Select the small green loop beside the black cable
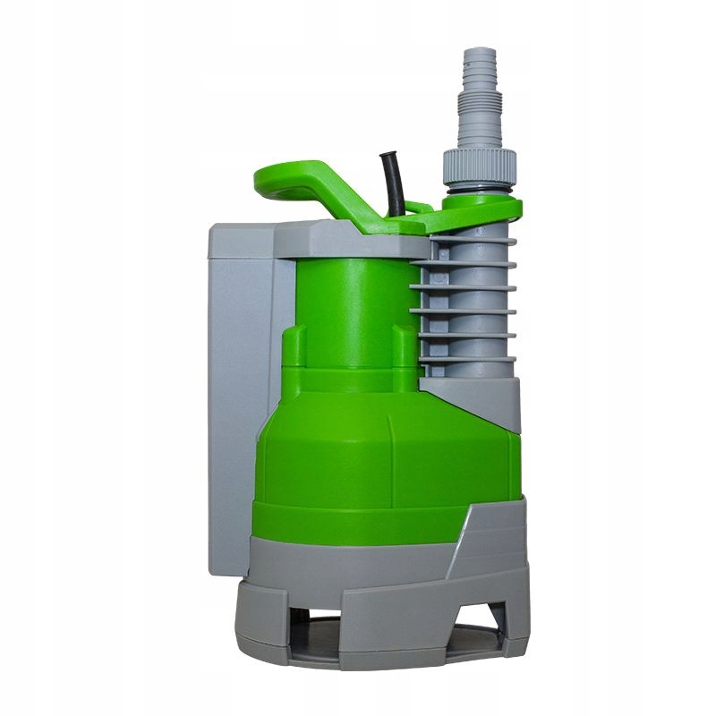click(x=417, y=208)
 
